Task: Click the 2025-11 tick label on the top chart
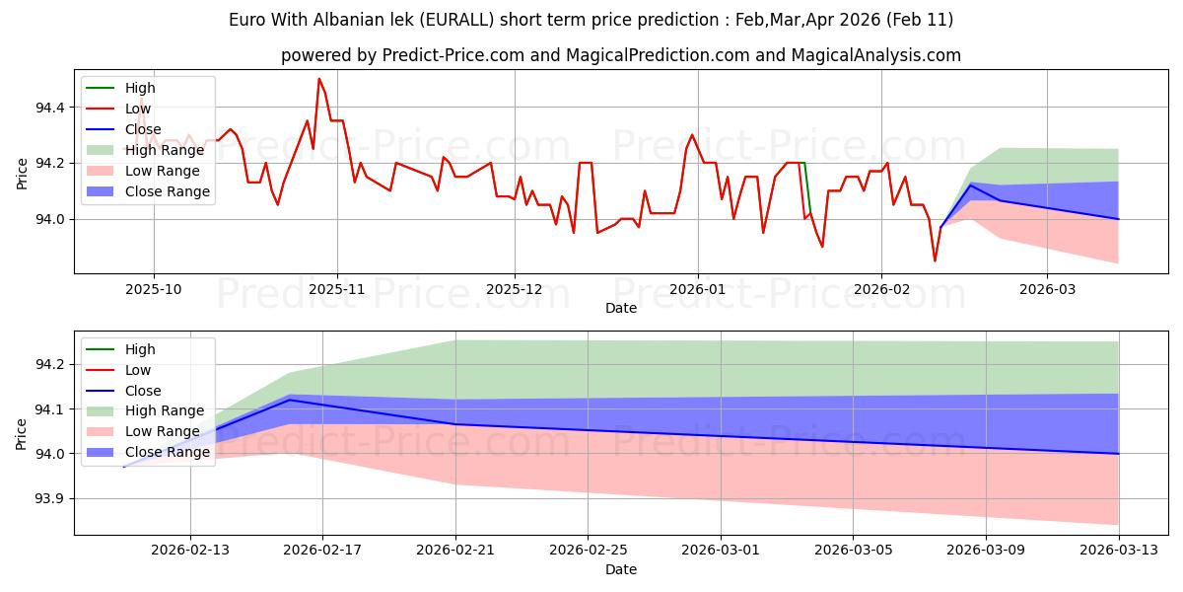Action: (x=336, y=289)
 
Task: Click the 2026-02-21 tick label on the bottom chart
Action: (x=455, y=551)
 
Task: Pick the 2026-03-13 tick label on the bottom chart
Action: (x=1118, y=551)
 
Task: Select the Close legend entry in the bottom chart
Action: (x=144, y=390)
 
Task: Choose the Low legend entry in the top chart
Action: (x=138, y=109)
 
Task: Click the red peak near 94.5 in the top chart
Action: (x=319, y=79)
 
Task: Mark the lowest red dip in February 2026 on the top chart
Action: (x=935, y=260)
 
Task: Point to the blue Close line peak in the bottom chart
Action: (x=289, y=400)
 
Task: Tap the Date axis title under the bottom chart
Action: (x=621, y=569)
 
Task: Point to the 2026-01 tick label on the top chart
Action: (x=697, y=289)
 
